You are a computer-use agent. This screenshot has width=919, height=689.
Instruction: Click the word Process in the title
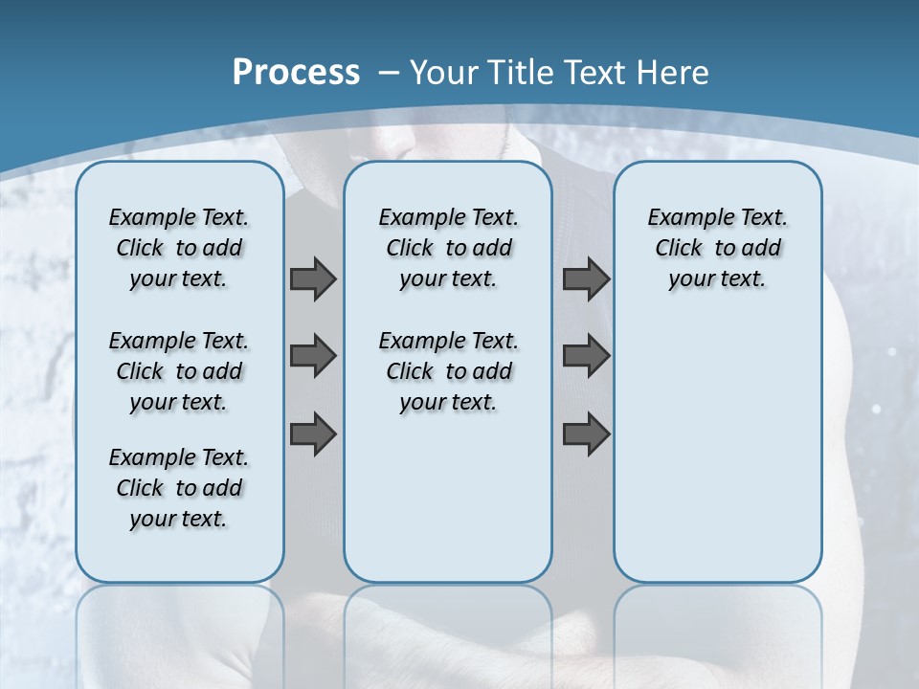[x=296, y=72]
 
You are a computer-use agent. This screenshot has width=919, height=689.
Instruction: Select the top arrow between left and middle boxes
[x=313, y=278]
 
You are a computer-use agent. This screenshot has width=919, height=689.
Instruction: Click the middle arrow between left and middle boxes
[x=313, y=357]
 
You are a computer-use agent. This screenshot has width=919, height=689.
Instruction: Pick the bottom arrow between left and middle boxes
[x=313, y=434]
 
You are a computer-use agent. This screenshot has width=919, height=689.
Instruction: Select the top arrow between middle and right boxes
[x=586, y=278]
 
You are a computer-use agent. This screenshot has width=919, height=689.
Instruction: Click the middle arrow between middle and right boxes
[x=586, y=357]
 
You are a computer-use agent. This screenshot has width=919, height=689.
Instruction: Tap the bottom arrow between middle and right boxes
[x=586, y=434]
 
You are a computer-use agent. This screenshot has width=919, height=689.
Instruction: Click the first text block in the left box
[x=179, y=248]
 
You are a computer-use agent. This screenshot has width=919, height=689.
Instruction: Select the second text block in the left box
[x=179, y=371]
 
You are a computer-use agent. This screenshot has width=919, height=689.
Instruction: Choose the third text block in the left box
[x=179, y=488]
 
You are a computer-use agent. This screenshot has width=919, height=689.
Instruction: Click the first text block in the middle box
[x=448, y=248]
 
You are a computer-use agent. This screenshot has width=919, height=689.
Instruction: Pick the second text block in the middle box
[x=448, y=371]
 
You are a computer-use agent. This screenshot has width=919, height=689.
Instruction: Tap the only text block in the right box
[x=717, y=248]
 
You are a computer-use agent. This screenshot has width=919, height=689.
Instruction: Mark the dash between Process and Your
[x=389, y=72]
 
